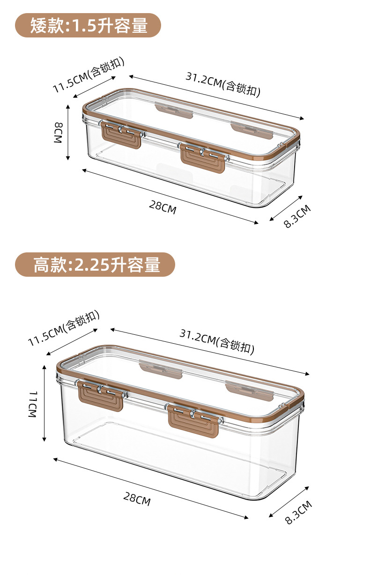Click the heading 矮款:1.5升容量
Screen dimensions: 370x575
[x=89, y=25]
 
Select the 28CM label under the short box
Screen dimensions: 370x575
[x=163, y=206]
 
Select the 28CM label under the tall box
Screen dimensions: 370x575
[x=137, y=498]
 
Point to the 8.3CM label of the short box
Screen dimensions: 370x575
[x=297, y=216]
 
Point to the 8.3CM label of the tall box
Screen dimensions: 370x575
[x=298, y=512]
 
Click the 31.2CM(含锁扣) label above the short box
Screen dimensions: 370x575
[x=223, y=83]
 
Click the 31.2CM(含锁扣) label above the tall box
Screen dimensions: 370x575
[x=217, y=341]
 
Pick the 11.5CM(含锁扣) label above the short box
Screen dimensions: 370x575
[x=88, y=74]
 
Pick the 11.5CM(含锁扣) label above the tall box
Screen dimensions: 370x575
[x=64, y=328]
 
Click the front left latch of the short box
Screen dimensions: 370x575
[x=121, y=134]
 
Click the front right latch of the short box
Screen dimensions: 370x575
[x=203, y=156]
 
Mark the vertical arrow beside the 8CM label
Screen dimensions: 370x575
[x=68, y=133]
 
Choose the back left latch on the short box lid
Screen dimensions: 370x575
[x=174, y=111]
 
